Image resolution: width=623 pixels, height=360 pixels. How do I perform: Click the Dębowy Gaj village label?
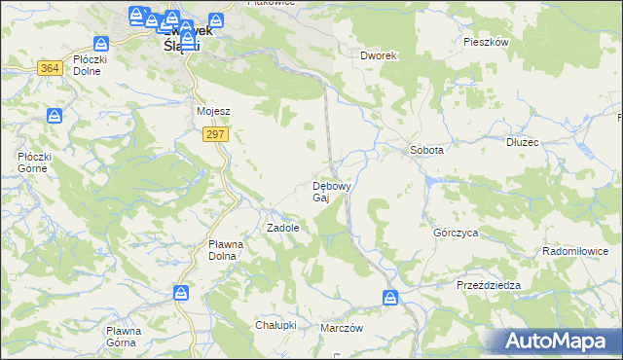tap(330, 191)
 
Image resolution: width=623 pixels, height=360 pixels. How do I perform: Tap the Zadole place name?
tap(282, 228)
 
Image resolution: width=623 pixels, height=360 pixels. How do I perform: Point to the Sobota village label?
tap(426, 151)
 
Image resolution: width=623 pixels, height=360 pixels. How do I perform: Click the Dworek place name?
tap(379, 56)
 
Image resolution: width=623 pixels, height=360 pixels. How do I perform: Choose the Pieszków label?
tap(487, 43)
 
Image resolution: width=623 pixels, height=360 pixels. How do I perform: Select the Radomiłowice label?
tap(580, 251)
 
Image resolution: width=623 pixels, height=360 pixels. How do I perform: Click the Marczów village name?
tap(342, 328)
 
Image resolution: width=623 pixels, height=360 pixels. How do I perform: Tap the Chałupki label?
tap(275, 324)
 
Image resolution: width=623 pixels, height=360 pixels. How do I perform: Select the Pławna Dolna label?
tap(230, 250)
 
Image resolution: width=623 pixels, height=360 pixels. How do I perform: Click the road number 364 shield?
tap(51, 67)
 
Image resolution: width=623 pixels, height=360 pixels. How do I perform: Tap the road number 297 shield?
tap(216, 135)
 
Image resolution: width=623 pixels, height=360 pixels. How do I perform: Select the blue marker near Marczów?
tap(390, 298)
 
